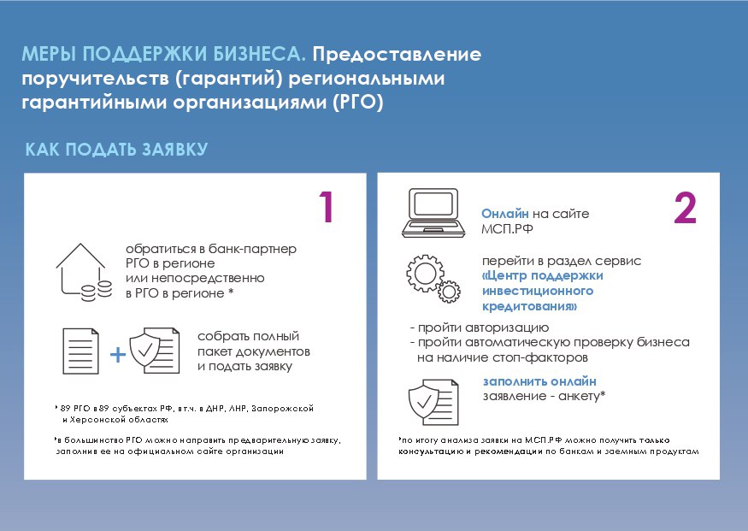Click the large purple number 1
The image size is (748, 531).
327,207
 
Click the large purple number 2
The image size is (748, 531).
685,208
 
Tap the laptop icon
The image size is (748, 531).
433,213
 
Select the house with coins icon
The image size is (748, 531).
84,273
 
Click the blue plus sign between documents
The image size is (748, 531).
117,355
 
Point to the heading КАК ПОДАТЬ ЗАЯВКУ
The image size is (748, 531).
116,150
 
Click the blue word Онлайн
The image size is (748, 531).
504,214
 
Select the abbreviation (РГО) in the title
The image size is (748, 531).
358,102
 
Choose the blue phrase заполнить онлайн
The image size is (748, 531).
539,381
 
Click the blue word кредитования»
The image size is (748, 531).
529,306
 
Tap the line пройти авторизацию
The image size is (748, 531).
480,327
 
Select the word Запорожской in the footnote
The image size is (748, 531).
282,409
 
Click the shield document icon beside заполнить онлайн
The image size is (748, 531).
433,402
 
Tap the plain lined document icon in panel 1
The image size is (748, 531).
80,351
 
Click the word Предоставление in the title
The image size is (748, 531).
397,54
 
